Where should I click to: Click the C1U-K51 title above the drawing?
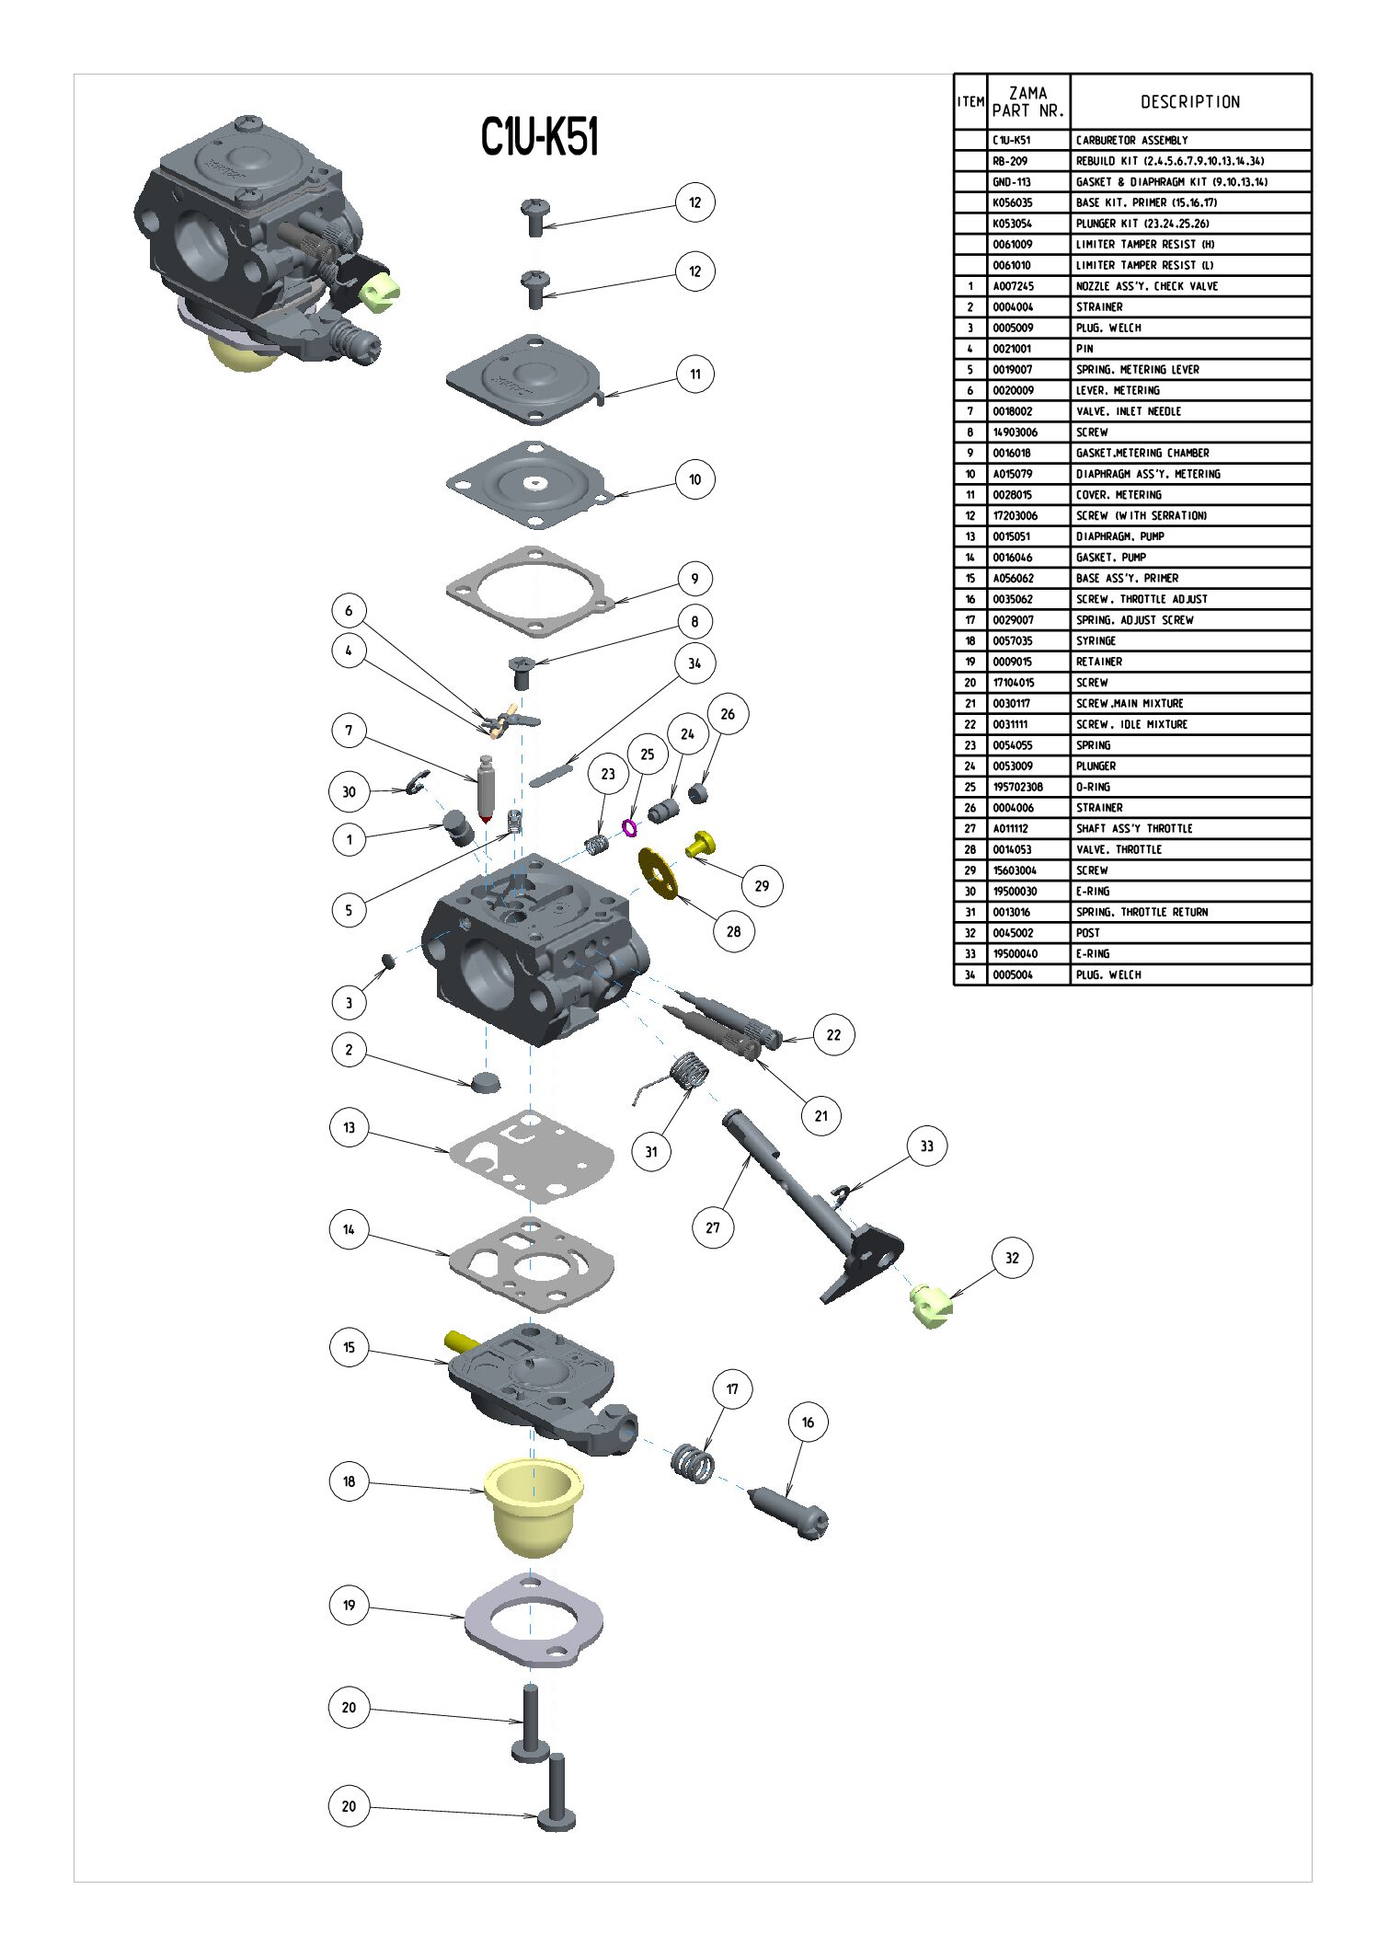[540, 137]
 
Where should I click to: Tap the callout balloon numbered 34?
[694, 662]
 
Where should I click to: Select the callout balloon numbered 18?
[349, 1481]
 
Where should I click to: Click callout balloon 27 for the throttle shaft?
[713, 1227]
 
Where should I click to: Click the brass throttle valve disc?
[658, 873]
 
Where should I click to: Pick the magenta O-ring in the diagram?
[629, 828]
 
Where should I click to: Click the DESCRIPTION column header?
[1190, 102]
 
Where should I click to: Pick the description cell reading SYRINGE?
[1096, 640]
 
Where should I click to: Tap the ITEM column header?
[970, 102]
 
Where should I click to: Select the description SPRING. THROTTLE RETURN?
[1142, 912]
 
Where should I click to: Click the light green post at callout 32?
[931, 1306]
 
